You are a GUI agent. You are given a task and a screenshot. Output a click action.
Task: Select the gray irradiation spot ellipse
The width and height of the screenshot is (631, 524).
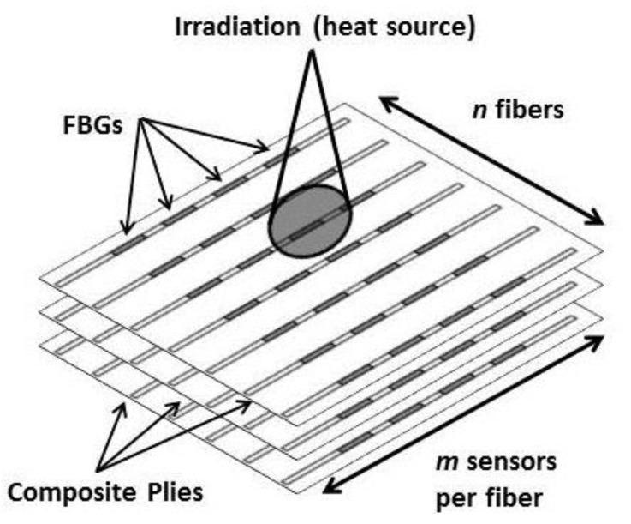[310, 219]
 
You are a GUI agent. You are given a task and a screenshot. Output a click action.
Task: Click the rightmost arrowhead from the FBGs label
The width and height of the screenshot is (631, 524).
[266, 152]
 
